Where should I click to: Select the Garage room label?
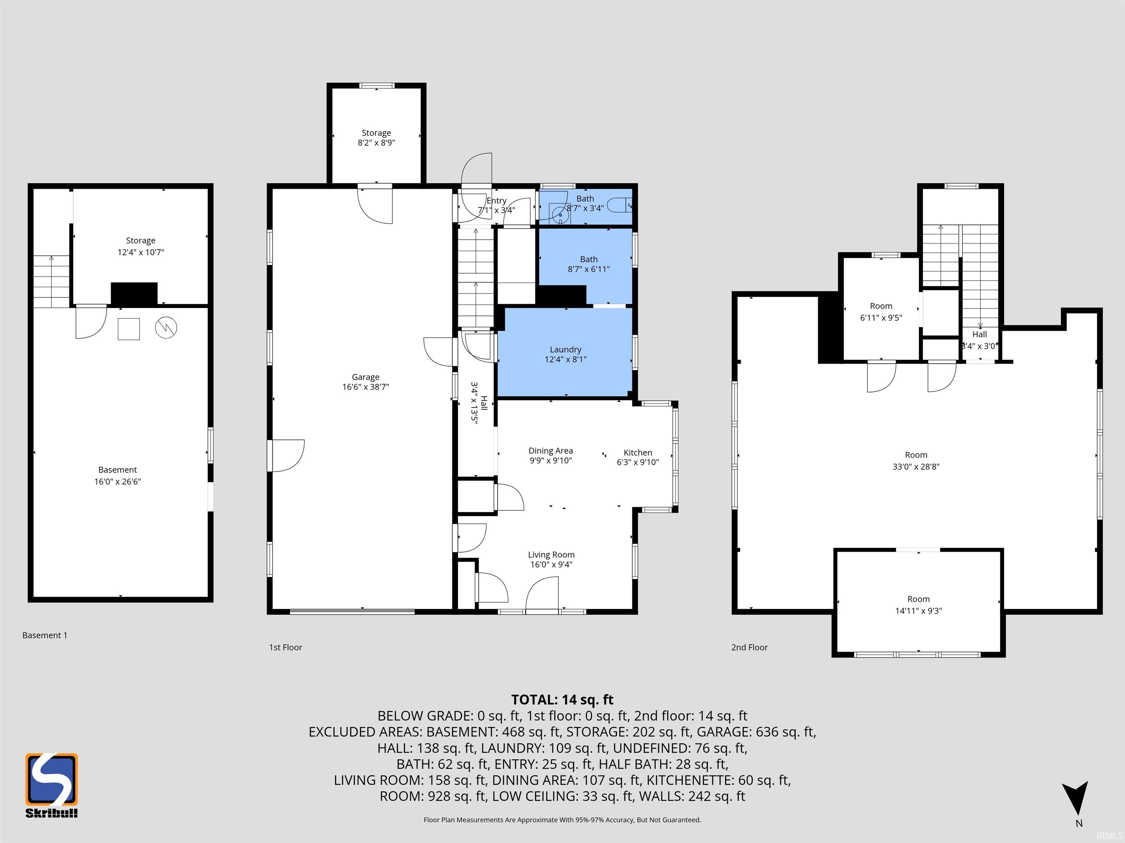point(366,382)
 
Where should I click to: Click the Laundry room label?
point(565,354)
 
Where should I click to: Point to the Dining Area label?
point(551,455)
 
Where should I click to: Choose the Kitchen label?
point(638,457)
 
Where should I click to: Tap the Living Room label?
point(551,559)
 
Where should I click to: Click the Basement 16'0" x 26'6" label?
point(118,476)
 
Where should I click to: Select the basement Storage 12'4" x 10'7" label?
point(141,246)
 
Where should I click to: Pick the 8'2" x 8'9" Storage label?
point(376,138)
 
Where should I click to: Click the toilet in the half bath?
point(620,205)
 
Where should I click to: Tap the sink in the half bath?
point(560,214)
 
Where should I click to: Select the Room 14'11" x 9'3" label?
point(918,605)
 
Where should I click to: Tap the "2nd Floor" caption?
point(749,647)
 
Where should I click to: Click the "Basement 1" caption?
point(45,635)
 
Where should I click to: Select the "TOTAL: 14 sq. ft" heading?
point(562,699)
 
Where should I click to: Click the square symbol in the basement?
point(129,329)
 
